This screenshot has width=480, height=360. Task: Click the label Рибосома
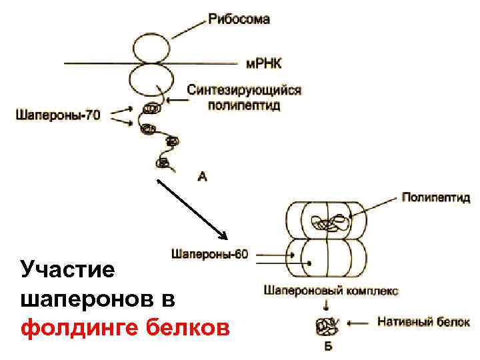[x=239, y=19]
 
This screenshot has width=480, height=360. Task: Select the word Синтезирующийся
[x=244, y=90]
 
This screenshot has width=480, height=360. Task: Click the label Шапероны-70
[x=57, y=115]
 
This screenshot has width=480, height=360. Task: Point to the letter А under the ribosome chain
[x=203, y=176]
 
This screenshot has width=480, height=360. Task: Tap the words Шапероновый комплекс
[x=331, y=291]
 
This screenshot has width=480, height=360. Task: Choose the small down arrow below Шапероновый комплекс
[x=327, y=305]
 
